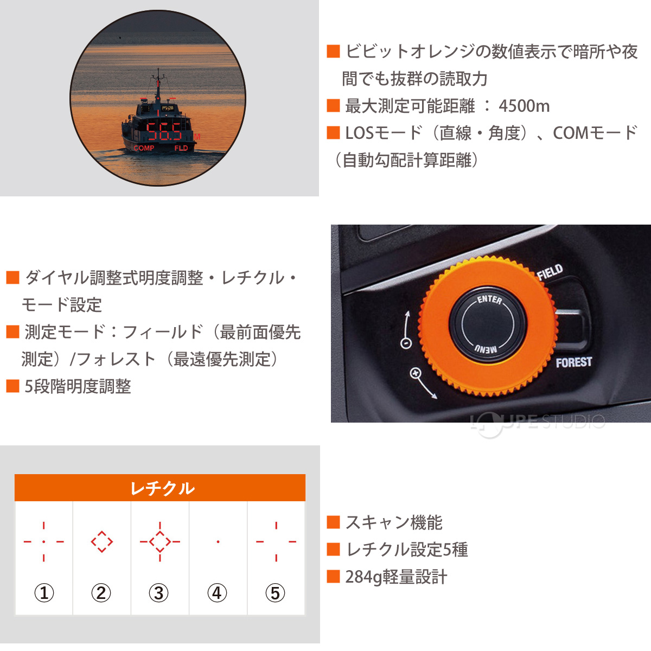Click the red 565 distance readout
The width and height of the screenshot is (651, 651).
tap(165, 131)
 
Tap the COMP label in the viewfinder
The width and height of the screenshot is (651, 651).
tap(144, 148)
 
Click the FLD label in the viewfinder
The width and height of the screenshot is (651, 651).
tap(181, 148)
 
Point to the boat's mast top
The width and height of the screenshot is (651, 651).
tap(158, 71)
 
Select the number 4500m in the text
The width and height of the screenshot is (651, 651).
tap(524, 106)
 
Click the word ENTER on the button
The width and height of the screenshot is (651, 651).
tap(489, 299)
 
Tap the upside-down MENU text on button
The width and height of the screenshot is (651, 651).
tap(486, 349)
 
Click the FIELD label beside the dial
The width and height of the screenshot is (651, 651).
tap(550, 272)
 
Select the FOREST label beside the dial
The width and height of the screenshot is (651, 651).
tap(573, 362)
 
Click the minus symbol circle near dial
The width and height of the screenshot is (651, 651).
tap(405, 343)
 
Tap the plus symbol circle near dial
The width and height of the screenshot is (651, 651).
tap(416, 373)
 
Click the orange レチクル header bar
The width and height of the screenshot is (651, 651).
tap(160, 488)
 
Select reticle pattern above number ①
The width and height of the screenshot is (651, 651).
tap(44, 541)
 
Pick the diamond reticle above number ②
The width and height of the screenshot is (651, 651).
tap(101, 541)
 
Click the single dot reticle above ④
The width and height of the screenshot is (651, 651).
tap(218, 541)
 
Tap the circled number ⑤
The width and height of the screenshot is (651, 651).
tap(275, 593)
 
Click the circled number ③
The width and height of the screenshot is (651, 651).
tap(159, 593)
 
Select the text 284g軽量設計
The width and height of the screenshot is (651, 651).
tap(396, 577)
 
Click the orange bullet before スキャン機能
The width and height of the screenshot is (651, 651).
tap(333, 522)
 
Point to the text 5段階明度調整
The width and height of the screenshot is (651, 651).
tap(78, 386)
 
